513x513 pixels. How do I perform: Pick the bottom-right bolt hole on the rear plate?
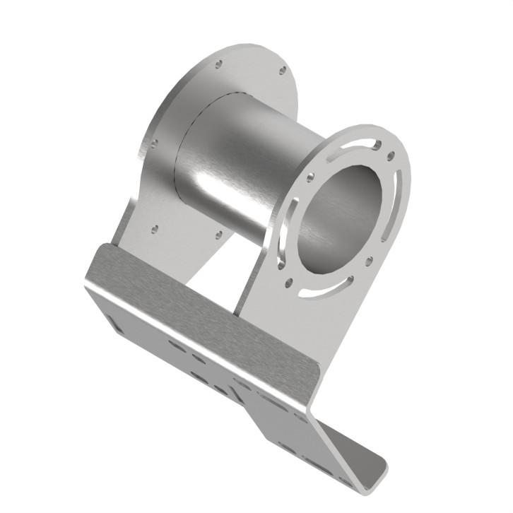218,234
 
